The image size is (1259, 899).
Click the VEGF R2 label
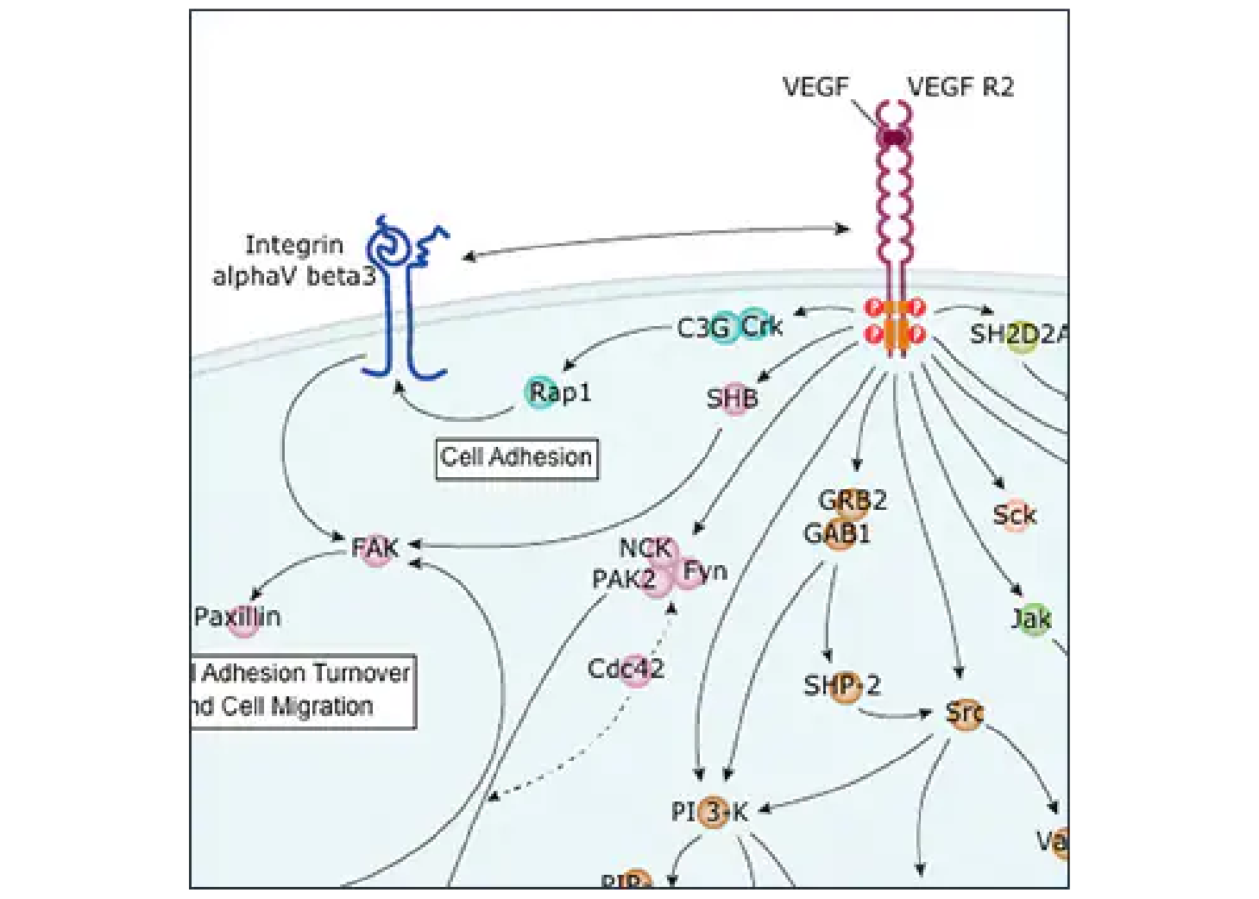[x=960, y=87]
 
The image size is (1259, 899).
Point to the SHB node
[x=733, y=399]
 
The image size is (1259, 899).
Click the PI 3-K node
[x=713, y=811]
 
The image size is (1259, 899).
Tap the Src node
[x=964, y=714]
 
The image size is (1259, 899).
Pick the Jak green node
[x=1032, y=619]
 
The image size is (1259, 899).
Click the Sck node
[x=1014, y=516]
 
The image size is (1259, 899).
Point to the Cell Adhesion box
[x=516, y=457]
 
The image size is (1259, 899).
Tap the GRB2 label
[x=852, y=500]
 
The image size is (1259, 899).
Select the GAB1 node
[x=838, y=534]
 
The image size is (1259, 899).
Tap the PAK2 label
[x=624, y=579]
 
